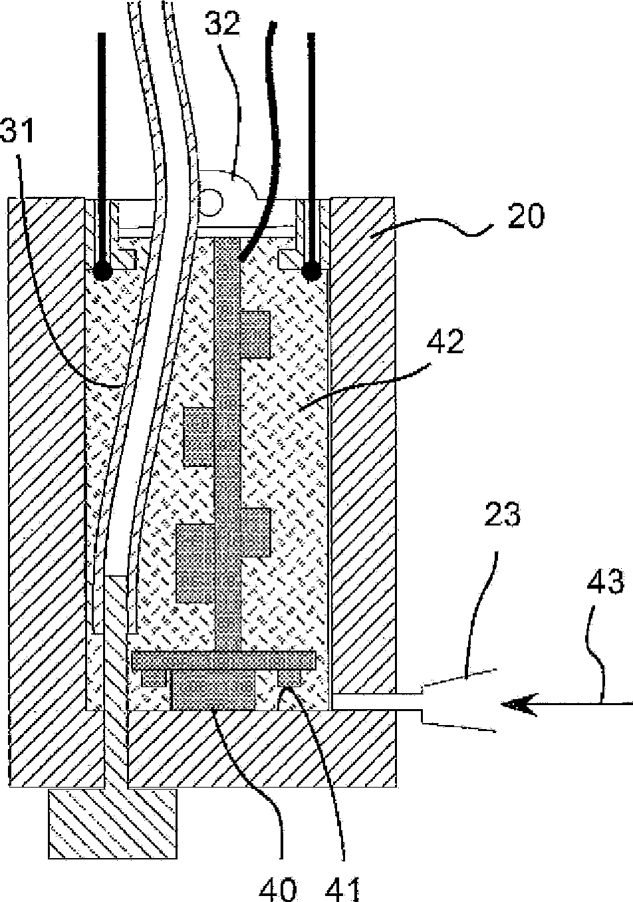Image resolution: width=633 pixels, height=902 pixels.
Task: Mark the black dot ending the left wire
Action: [102, 271]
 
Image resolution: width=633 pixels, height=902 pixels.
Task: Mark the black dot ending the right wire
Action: [311, 271]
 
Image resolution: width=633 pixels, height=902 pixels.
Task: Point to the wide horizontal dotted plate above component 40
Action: [224, 660]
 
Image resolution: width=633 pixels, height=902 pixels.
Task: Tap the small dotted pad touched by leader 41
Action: [289, 677]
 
